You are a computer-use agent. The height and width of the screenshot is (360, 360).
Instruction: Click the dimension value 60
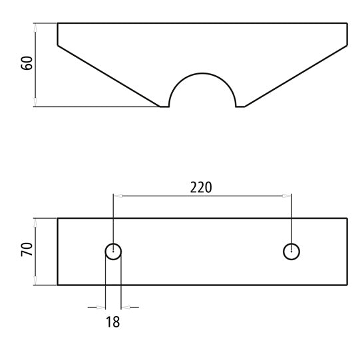point(27,63)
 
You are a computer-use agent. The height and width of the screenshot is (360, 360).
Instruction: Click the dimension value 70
point(27,249)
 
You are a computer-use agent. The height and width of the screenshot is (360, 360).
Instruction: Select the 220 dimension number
point(201,188)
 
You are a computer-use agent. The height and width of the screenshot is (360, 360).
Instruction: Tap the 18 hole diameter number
point(112,321)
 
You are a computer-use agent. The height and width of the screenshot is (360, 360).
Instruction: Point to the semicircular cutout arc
point(202,73)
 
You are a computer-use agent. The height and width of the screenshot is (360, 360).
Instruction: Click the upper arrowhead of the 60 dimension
point(35,27)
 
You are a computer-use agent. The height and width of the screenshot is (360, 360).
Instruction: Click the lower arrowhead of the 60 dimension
point(35,102)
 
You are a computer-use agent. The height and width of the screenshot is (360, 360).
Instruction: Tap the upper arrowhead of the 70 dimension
point(35,223)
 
